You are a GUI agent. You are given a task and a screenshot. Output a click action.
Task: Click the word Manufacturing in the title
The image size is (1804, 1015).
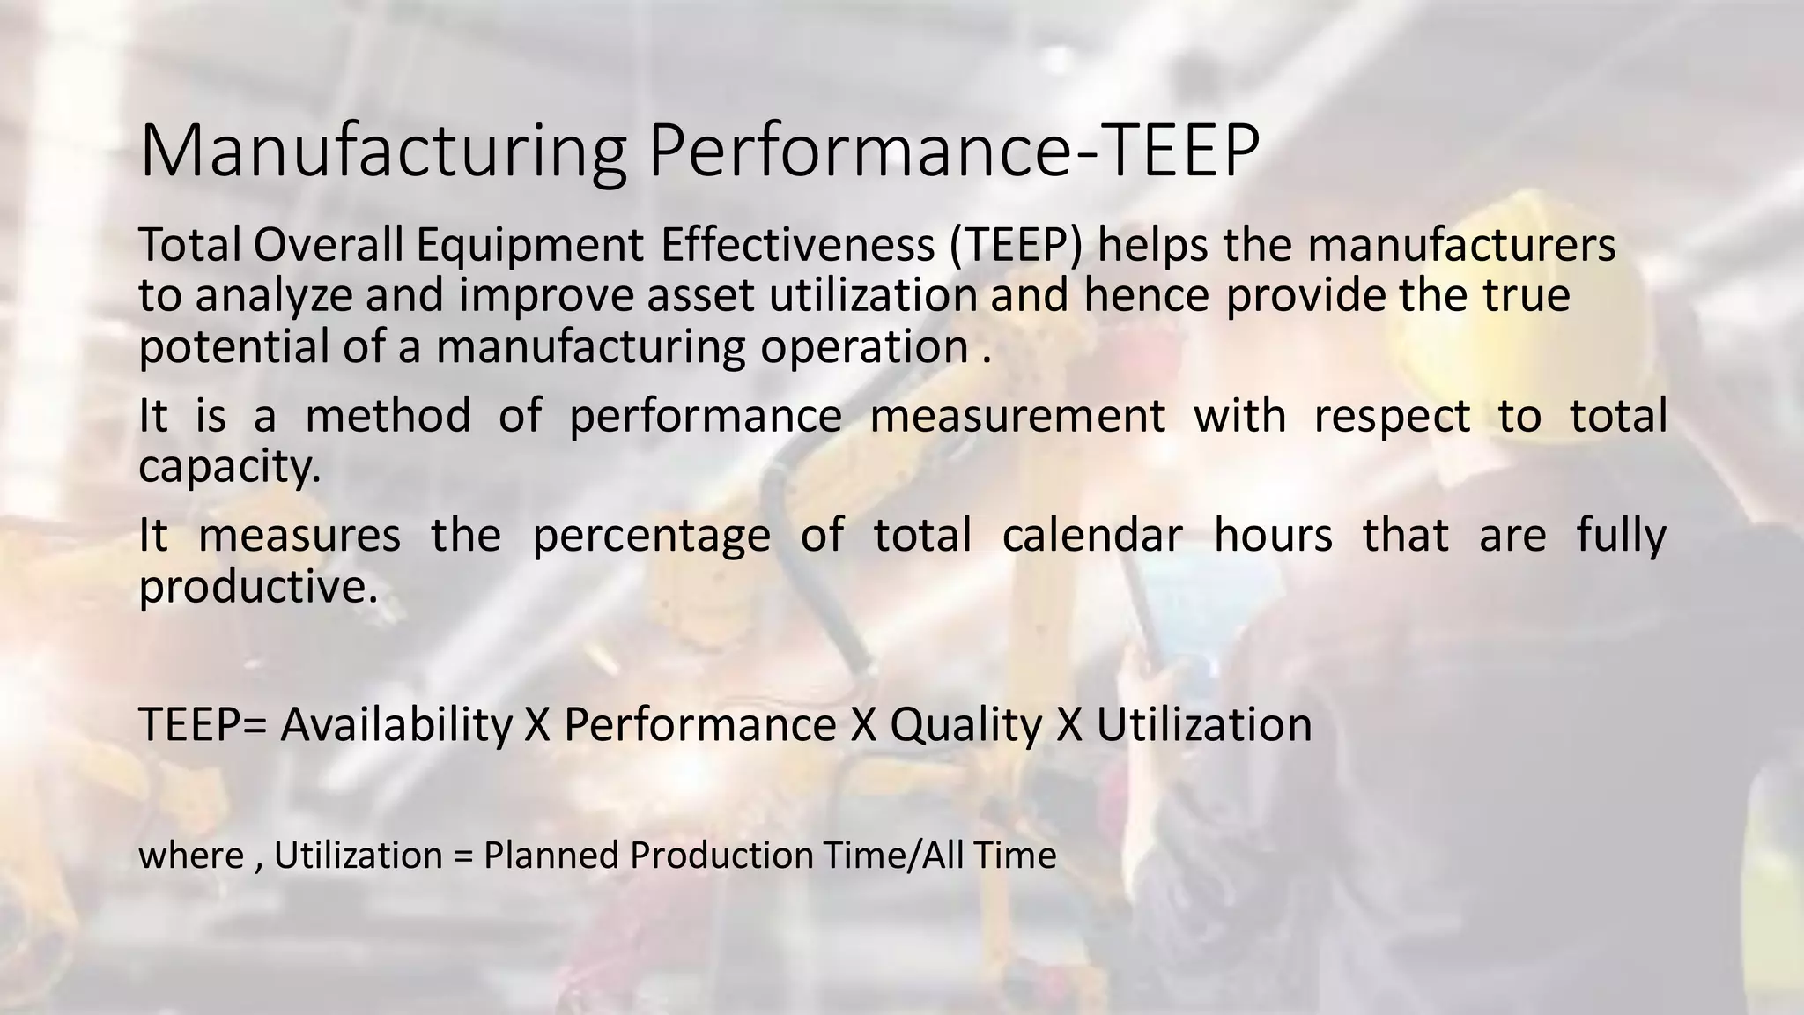[381, 152]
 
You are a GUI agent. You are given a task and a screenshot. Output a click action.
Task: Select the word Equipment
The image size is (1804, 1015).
[529, 247]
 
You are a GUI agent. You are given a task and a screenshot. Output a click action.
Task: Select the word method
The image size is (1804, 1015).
[388, 415]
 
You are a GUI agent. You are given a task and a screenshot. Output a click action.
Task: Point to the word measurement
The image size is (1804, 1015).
[1017, 416]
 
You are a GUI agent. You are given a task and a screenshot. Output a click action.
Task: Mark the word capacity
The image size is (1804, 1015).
[228, 467]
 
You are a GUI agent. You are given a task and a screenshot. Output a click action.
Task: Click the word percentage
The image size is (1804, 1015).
[651, 537]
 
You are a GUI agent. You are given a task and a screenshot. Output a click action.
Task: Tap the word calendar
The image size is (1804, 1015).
[1092, 535]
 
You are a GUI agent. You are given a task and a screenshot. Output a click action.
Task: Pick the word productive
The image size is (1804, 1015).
[257, 588]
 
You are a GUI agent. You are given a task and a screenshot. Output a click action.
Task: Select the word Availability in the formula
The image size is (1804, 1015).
[396, 726]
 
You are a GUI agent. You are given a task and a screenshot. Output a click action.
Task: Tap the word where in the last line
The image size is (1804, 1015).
[191, 856]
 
